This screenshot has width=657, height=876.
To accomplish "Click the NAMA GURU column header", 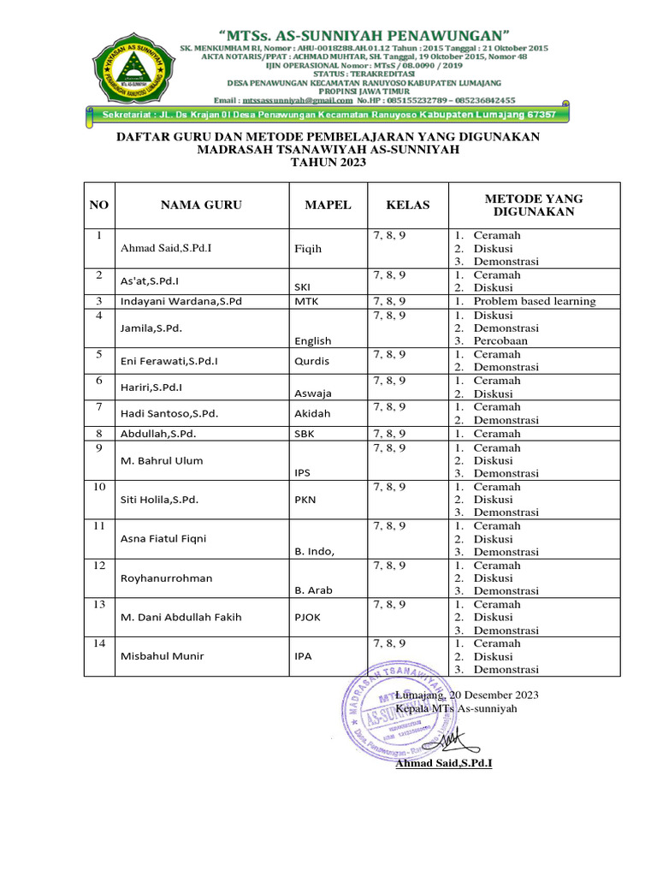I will (x=201, y=205).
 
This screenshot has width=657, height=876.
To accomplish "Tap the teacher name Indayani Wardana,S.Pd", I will (x=181, y=301).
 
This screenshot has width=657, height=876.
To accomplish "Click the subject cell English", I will (x=312, y=340).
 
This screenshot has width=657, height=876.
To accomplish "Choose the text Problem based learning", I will (x=535, y=301).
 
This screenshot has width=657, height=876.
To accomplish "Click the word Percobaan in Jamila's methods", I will (x=500, y=340).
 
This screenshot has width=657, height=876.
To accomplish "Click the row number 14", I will (x=99, y=644).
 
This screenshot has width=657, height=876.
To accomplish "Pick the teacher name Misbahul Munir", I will (x=162, y=657).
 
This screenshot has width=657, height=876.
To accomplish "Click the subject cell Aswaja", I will (x=312, y=394).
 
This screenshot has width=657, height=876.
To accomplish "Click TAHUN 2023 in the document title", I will (x=328, y=163).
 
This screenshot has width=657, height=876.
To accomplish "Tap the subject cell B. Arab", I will (x=313, y=591).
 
